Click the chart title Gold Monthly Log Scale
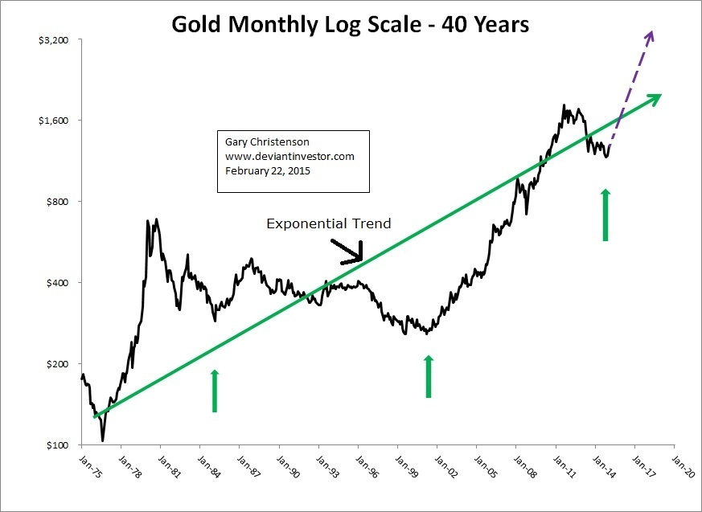[351, 25]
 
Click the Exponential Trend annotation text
[328, 223]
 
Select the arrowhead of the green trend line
[655, 96]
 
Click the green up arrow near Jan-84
[215, 391]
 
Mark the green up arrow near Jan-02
[429, 377]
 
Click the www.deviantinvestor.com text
[289, 157]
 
